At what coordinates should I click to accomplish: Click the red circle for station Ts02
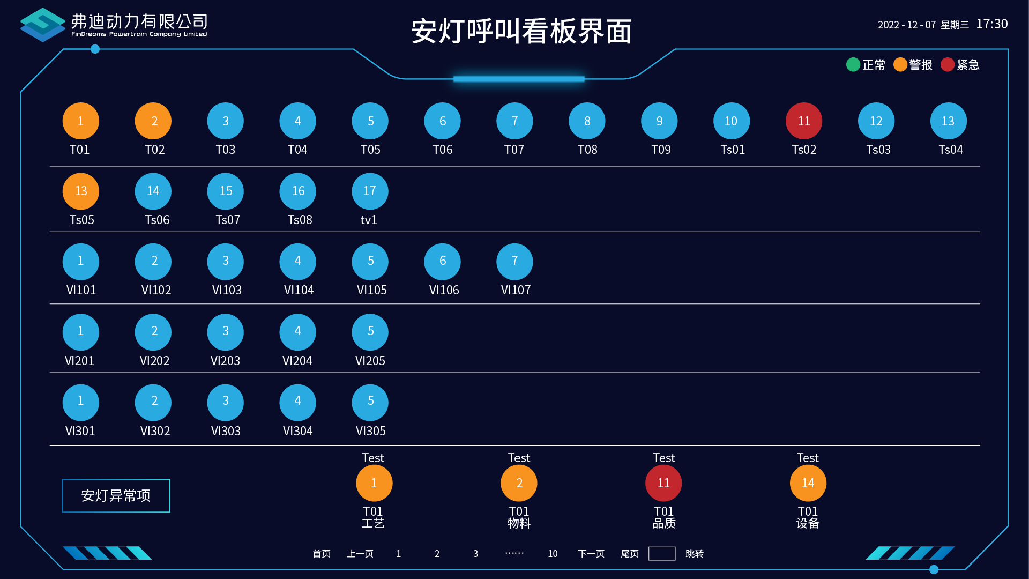tap(803, 121)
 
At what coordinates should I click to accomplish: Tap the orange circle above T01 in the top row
tap(80, 121)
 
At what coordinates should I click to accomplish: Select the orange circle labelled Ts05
tap(80, 191)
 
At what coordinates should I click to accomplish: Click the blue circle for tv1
tap(370, 191)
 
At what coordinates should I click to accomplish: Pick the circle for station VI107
tap(514, 262)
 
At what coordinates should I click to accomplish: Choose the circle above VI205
tap(370, 332)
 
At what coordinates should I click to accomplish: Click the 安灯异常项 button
tap(116, 495)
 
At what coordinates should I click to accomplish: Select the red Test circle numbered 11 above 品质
tap(663, 483)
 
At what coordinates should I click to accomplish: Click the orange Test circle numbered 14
tap(808, 483)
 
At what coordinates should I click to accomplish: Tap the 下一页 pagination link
tap(591, 554)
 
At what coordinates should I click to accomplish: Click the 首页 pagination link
tap(322, 554)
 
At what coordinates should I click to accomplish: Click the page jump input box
tap(662, 554)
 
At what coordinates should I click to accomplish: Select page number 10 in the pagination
tap(553, 554)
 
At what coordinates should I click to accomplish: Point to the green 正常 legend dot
tap(853, 65)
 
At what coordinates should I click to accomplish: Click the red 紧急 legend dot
tap(948, 65)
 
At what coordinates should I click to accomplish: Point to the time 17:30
tap(991, 24)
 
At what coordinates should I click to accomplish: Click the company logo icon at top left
tap(42, 25)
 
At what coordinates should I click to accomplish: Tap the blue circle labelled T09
tap(659, 121)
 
